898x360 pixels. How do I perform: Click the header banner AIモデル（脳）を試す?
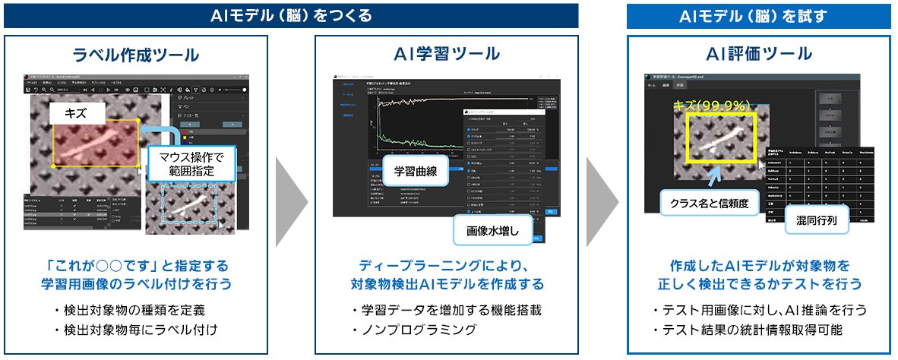tap(758, 15)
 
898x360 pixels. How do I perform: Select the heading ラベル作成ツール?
tap(136, 55)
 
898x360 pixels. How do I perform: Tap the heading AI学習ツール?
tap(447, 54)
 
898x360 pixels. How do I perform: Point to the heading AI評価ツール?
tap(759, 54)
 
